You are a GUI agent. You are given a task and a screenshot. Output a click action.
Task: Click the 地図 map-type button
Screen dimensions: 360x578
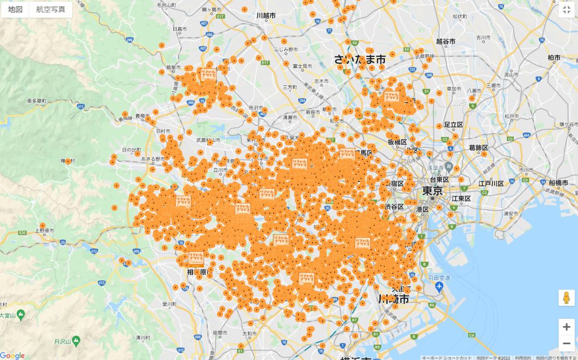pyautogui.click(x=15, y=10)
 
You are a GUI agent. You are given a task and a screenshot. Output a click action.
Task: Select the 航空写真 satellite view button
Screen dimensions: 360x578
pyautogui.click(x=50, y=10)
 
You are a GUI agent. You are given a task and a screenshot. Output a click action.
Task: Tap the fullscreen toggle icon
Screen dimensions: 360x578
pyautogui.click(x=567, y=10)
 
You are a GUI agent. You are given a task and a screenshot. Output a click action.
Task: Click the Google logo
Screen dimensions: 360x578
pyautogui.click(x=12, y=355)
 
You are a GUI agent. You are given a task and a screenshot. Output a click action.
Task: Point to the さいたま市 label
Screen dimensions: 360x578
pyautogui.click(x=360, y=59)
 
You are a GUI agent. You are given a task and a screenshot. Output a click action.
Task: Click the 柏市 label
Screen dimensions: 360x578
pyautogui.click(x=554, y=58)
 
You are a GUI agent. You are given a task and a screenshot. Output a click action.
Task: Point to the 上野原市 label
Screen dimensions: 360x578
pyautogui.click(x=44, y=230)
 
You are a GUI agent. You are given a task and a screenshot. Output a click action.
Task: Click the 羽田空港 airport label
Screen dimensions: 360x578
pyautogui.click(x=438, y=278)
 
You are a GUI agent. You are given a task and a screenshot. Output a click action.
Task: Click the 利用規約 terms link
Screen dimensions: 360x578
pyautogui.click(x=522, y=357)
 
